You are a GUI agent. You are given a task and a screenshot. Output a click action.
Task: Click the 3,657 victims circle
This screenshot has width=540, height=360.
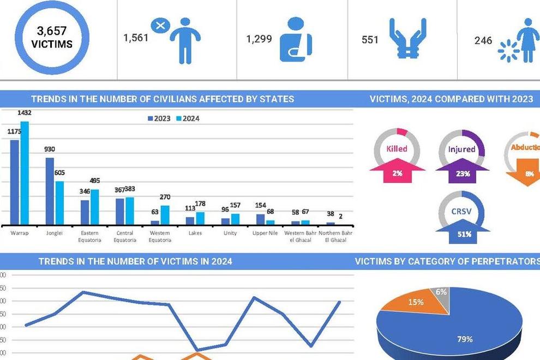(51, 38)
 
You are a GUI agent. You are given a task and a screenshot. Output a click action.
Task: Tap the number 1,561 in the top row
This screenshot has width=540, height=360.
(135, 39)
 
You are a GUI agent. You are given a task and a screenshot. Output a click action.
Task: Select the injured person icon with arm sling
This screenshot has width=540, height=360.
(296, 39)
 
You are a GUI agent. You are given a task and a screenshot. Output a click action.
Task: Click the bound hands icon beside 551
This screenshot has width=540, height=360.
(407, 39)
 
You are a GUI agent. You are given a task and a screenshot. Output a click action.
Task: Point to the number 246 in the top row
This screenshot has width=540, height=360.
(483, 40)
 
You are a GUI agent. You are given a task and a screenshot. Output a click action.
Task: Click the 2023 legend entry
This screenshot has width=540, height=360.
(159, 118)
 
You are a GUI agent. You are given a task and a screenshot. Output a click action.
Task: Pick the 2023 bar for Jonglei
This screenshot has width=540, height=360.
(50, 191)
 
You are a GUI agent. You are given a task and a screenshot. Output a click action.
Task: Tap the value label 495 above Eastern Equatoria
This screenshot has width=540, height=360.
(95, 181)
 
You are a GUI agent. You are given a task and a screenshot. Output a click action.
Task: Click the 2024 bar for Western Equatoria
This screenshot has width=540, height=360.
(165, 215)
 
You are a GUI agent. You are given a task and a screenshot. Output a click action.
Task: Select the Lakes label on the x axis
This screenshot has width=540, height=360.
(195, 233)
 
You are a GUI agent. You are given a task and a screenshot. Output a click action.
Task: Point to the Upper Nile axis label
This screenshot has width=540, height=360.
(265, 233)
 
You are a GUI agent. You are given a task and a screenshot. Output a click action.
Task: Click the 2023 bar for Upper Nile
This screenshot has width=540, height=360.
(261, 219)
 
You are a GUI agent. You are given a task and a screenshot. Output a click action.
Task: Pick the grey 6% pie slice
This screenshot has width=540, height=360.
(441, 294)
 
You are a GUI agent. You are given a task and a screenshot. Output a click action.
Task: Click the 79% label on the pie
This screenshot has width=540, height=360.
(464, 339)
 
